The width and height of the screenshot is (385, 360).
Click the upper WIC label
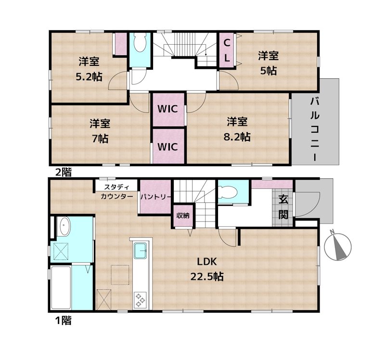(168, 109)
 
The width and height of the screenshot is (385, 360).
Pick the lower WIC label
(168, 146)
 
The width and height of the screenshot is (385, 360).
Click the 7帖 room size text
(100, 139)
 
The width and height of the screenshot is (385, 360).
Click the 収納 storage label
(182, 215)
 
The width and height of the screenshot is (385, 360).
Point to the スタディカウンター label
(117, 191)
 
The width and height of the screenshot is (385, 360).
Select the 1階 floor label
(63, 320)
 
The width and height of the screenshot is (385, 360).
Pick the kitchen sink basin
(141, 250)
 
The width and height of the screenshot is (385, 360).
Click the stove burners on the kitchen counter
(141, 299)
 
